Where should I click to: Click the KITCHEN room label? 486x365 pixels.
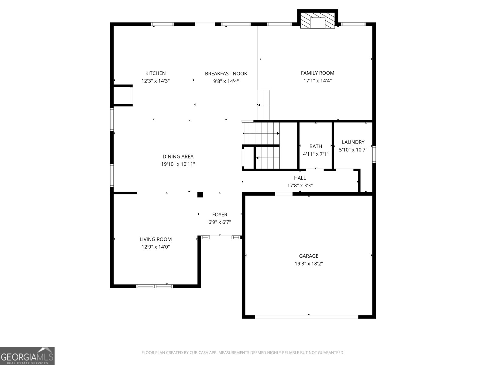[x=155, y=73]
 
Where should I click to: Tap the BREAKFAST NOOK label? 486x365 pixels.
[x=226, y=74]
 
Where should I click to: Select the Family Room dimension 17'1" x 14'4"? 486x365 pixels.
[x=317, y=81]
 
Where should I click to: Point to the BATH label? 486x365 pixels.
[x=316, y=146]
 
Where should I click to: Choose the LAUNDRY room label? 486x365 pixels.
[x=353, y=142]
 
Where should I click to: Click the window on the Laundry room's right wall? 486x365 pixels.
[x=374, y=155]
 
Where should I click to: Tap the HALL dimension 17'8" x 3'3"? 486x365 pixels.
[x=300, y=186]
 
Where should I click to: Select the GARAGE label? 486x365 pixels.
[x=309, y=256]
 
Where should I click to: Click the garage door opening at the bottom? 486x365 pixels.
[x=306, y=317]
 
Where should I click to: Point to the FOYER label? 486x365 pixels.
[x=220, y=215]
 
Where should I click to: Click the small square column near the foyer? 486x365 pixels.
[x=200, y=195]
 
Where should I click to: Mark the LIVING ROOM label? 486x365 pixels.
[x=156, y=239]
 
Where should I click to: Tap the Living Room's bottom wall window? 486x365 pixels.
[x=155, y=286]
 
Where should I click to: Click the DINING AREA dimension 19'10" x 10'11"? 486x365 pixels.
[x=178, y=164]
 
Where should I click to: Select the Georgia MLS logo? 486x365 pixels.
[x=27, y=356]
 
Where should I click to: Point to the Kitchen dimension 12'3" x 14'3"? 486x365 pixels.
[x=155, y=81]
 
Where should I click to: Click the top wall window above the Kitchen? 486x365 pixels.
[x=163, y=24]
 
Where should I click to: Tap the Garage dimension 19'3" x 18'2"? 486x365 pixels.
[x=309, y=264]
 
